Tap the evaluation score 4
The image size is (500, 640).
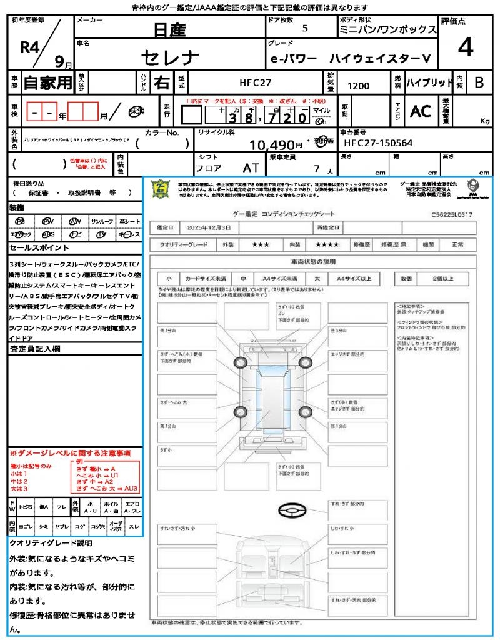[x=466, y=47]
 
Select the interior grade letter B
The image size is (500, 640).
[x=479, y=82]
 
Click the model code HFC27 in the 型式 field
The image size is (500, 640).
[x=256, y=82]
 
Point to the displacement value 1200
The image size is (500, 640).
[x=358, y=86]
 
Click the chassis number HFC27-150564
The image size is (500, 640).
[x=378, y=143]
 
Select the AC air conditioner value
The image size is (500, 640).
[x=421, y=111]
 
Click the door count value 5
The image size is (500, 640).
[x=305, y=28]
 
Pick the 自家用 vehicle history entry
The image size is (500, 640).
[x=47, y=82]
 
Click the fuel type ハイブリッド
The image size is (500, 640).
[x=429, y=82]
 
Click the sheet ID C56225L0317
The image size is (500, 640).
[x=452, y=214]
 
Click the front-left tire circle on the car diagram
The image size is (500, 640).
[x=241, y=362]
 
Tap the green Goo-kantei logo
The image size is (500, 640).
[x=161, y=188]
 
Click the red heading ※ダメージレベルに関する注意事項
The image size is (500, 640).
[x=70, y=452]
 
